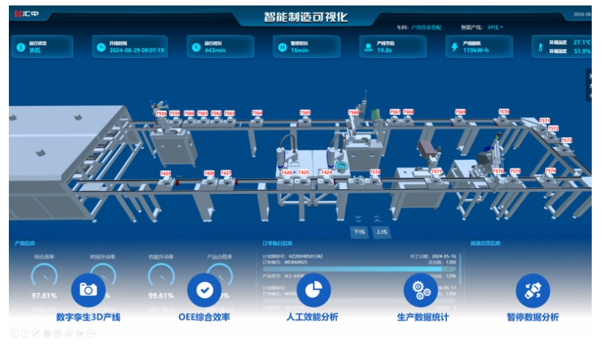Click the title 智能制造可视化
coord(305,17)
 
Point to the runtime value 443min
coord(215,51)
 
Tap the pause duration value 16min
coord(300,51)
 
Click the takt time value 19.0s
coord(385,50)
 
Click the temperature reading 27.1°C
coord(582,42)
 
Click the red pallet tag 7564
coord(257,113)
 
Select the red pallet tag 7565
coord(305,113)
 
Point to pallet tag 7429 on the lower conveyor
coord(165,174)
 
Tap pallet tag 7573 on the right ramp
coord(566,140)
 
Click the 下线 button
coord(359,232)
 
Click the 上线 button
coord(381,232)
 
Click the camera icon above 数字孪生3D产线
coord(88,290)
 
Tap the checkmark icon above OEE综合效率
coord(204,290)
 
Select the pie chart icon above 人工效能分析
coord(313,290)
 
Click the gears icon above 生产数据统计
coord(420,290)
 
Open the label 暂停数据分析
coord(532,317)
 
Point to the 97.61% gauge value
coord(44,296)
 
